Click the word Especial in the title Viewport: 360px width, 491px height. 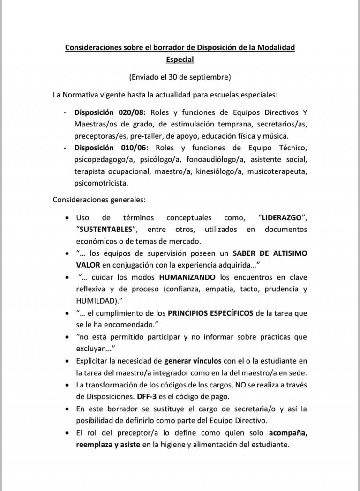pos(180,60)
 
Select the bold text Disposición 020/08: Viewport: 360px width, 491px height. pos(111,112)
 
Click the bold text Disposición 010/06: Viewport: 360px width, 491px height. pos(111,148)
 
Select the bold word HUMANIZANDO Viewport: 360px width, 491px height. pos(188,277)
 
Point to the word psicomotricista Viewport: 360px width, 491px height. pos(101,183)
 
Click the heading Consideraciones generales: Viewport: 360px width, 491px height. pos(99,199)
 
